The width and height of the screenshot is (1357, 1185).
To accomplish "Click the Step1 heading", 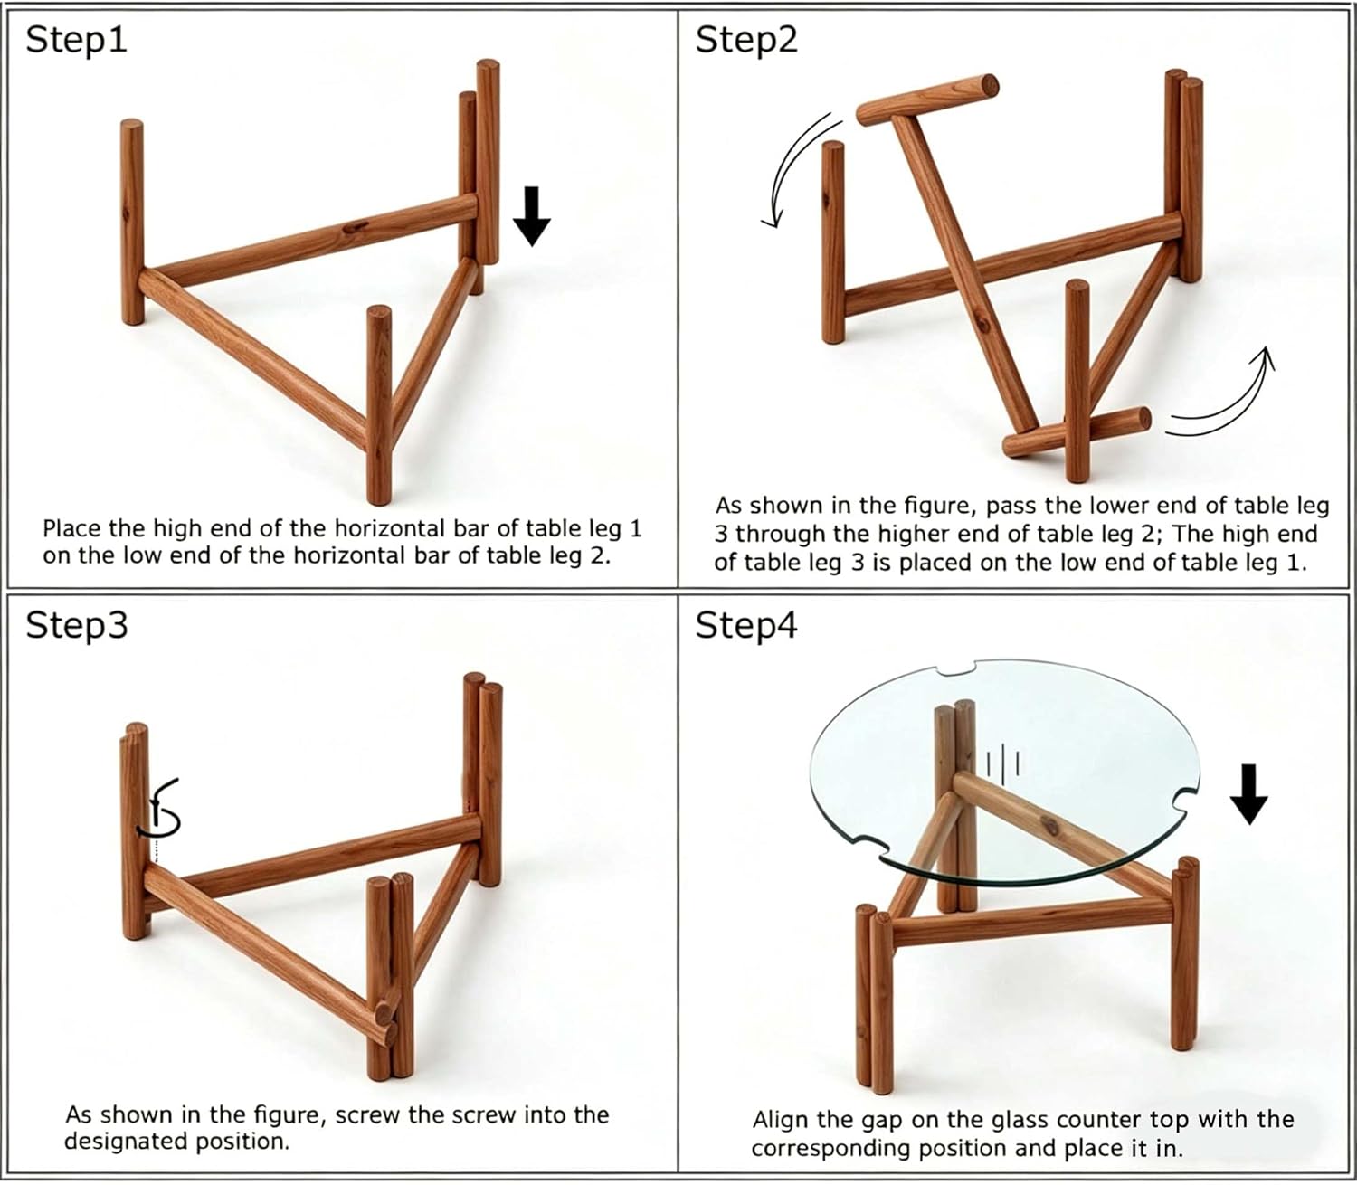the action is (76, 41).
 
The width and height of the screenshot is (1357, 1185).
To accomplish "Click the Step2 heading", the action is (746, 41).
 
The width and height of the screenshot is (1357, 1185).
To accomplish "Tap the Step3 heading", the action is (76, 625).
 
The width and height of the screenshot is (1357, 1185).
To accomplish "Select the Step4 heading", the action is (746, 625).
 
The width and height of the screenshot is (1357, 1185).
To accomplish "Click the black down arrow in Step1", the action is (532, 216).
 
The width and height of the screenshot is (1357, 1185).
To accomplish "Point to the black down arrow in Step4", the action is (1249, 794).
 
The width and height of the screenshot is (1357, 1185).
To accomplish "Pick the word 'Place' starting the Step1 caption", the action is (72, 529).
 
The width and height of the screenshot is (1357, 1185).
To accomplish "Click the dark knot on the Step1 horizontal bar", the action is (356, 227).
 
